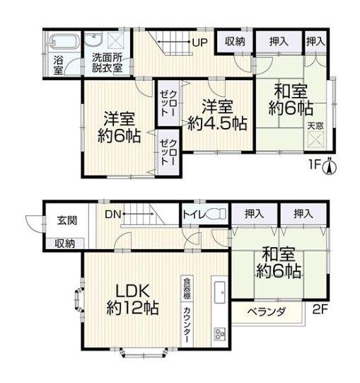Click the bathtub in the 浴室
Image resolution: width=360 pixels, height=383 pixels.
click(64, 42)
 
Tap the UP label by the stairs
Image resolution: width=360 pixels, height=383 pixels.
click(200, 42)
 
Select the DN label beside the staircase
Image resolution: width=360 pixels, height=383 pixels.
click(113, 215)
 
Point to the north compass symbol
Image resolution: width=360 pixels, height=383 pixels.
click(330, 166)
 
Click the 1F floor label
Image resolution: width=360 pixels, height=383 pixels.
click(315, 165)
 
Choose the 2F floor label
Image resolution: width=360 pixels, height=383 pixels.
click(320, 309)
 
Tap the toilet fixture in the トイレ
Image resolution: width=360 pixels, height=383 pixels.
click(216, 214)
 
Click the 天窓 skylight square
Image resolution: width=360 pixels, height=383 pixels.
click(315, 139)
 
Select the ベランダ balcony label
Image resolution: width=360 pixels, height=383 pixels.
click(266, 312)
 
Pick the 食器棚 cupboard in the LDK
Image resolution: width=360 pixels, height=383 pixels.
click(187, 288)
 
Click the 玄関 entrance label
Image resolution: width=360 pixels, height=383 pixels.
click(67, 220)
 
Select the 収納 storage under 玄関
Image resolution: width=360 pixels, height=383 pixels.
click(64, 244)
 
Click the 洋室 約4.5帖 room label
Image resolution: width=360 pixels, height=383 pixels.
click(217, 115)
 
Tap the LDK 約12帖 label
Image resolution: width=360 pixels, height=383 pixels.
click(133, 299)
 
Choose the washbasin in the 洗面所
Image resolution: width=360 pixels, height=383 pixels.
click(93, 40)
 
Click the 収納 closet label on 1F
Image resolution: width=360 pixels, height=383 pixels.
click(235, 42)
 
